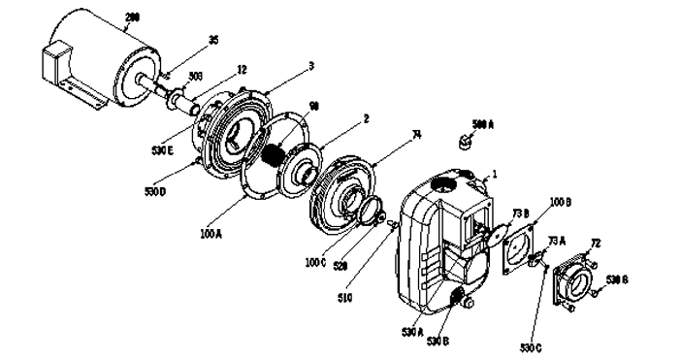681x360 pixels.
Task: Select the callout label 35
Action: [x=213, y=41]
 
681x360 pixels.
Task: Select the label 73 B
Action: [x=519, y=213]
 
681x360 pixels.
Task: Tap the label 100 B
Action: [x=561, y=202]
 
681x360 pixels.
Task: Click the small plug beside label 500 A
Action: [x=465, y=142]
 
